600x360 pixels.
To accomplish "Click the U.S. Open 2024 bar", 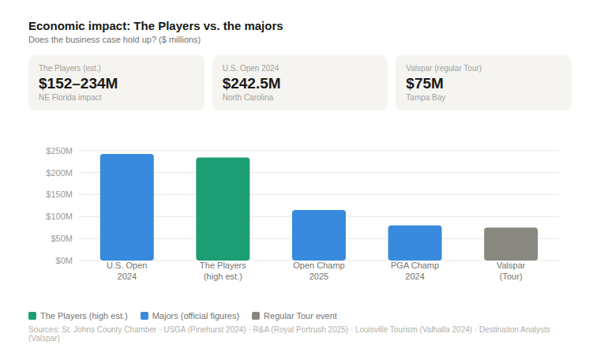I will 126,207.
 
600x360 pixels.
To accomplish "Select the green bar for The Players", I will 223,209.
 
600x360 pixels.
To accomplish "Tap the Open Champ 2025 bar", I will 319,235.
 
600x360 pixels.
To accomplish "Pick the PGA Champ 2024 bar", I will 414,243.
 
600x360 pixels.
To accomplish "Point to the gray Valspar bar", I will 511,244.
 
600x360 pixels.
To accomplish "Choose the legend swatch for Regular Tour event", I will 256,316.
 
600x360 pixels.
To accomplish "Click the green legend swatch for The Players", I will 32,316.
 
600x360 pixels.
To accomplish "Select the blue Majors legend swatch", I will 144,316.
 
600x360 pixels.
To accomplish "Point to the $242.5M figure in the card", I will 251,83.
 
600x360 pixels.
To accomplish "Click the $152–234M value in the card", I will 78,83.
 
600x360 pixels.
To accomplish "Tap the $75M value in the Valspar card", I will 424,83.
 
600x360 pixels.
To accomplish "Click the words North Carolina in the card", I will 248,98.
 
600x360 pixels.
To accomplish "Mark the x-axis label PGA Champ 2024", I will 414,271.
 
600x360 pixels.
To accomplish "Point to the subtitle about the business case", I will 114,39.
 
